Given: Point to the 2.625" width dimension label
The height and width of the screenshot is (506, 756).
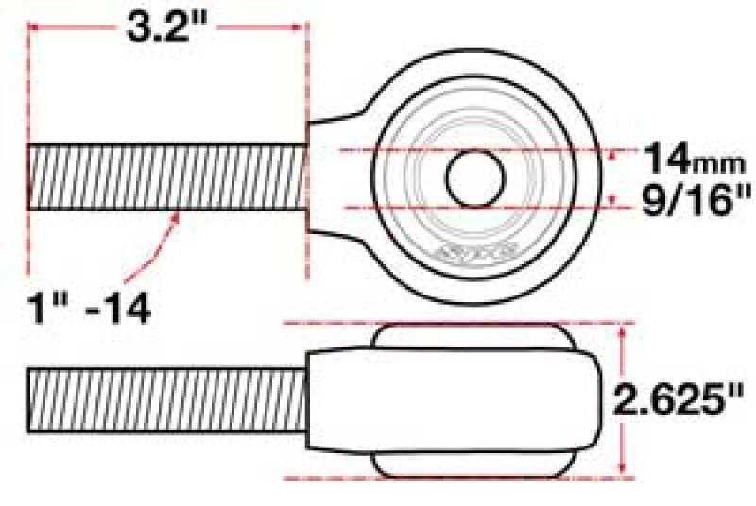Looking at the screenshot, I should [679, 400].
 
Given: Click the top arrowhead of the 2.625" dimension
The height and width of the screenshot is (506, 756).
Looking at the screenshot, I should [623, 331].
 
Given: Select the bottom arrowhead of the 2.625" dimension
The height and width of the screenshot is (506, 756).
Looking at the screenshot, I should [623, 469].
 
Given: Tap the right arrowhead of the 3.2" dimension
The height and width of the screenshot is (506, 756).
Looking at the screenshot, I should [300, 27].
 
